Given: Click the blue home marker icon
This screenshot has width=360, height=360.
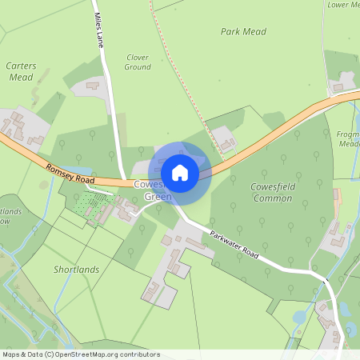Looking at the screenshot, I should (x=180, y=172).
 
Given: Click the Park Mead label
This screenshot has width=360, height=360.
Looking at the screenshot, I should (x=243, y=31).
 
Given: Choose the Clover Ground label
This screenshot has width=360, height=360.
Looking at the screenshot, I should (x=138, y=62).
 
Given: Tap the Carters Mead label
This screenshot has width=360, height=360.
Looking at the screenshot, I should (x=20, y=71).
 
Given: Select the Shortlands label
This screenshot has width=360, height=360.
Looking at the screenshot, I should (x=77, y=270).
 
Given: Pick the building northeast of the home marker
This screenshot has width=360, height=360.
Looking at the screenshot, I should (x=226, y=144).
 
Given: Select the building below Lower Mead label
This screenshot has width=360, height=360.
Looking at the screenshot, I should (x=346, y=80).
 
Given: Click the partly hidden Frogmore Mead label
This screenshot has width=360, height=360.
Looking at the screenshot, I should (x=350, y=140).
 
